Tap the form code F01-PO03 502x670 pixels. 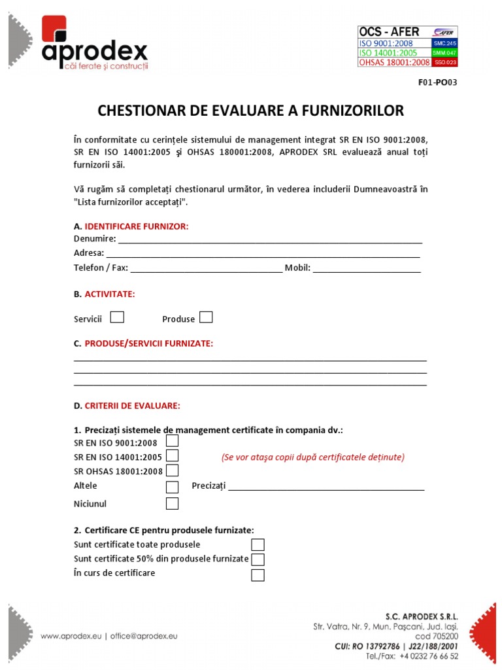pos(438,82)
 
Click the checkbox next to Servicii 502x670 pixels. pos(117,317)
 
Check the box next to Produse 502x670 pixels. pos(206,317)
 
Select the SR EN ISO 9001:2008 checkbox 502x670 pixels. pos(172,441)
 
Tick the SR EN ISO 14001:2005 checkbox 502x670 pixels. pos(172,455)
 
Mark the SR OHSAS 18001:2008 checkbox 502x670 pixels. pos(172,470)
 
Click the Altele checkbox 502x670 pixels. pos(172,486)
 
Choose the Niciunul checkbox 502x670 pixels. pos(172,503)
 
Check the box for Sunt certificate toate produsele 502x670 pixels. pos(258,544)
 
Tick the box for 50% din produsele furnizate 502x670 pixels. pos(258,559)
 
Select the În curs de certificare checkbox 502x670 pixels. pos(258,575)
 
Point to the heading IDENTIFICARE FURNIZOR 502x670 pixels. pos(137,226)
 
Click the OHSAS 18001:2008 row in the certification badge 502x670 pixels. pos(394,62)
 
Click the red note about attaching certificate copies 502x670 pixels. pos(312,457)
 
